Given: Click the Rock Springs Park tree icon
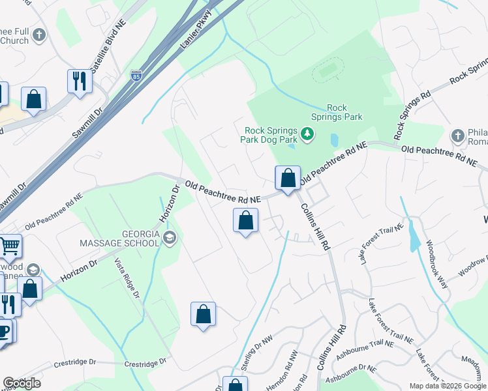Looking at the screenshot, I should [x=308, y=135].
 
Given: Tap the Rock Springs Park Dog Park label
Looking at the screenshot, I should [x=271, y=135].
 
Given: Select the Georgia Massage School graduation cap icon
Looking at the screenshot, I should [x=170, y=237].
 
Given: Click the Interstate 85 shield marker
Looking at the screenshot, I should [x=136, y=76].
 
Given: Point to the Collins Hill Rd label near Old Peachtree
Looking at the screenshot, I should [x=314, y=226].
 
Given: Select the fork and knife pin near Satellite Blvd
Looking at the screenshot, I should [x=80, y=81].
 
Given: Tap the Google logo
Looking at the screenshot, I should [x=22, y=383].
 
